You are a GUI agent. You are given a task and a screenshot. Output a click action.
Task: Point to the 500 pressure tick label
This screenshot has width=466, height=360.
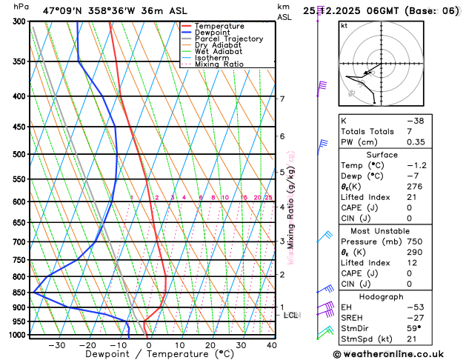[19, 155]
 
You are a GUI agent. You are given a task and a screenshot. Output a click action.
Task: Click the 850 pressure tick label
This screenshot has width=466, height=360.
[19, 293]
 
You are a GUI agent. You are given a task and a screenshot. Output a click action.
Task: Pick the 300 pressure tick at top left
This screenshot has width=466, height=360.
[19, 21]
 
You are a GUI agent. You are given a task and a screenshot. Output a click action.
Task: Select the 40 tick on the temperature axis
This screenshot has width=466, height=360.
[272, 345]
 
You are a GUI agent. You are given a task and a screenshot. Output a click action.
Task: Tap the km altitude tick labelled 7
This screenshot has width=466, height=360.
[282, 99]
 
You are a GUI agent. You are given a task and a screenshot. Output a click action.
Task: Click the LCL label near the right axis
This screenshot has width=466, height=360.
[291, 315]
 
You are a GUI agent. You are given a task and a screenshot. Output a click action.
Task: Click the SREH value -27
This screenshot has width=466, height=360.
[414, 317]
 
